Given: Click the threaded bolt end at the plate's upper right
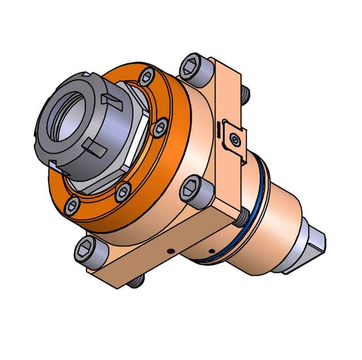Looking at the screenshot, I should tap(245, 94).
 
